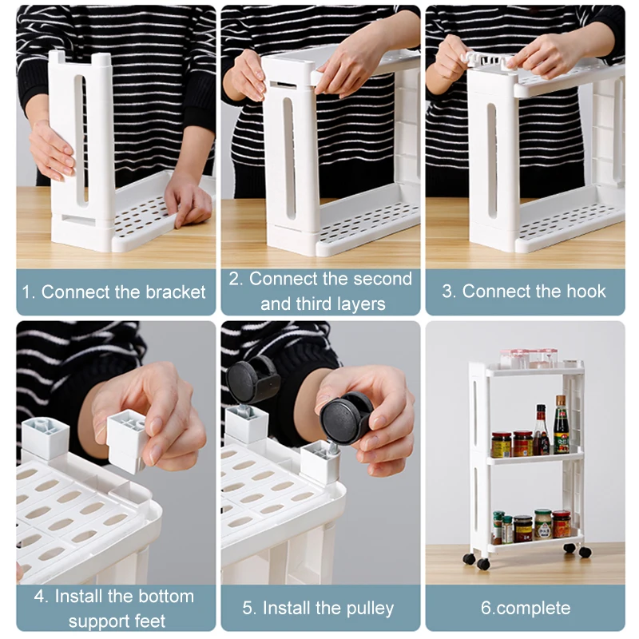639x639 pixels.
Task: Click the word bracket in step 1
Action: coord(176,292)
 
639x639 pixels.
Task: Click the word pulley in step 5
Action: coord(370,609)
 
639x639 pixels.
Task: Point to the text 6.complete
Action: coord(526,608)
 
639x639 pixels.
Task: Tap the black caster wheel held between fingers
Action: coord(344,419)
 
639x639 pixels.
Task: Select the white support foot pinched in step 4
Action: coord(127,442)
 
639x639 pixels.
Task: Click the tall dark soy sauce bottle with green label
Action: coord(561,425)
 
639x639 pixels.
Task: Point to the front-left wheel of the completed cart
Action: coord(483,564)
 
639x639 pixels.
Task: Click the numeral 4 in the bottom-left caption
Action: coord(39,597)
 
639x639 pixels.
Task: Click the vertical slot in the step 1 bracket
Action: coord(81,138)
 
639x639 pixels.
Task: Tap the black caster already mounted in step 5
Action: coord(252,378)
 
